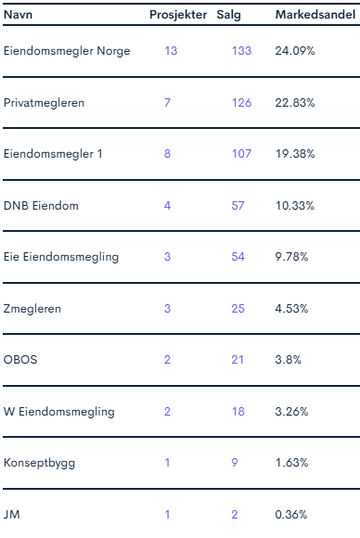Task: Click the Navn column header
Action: coord(18,15)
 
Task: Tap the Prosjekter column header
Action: coord(178,15)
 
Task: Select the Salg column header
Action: coord(228,16)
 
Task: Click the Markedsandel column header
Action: coord(315,15)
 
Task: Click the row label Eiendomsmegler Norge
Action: coord(67,51)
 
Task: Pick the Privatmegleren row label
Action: coord(44,103)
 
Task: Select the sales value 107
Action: coord(241,154)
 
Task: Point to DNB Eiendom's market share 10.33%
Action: coord(295,206)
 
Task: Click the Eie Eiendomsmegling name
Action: coord(61,257)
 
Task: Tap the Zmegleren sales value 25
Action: coord(238,309)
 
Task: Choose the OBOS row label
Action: coord(20,360)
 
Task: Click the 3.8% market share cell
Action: coord(289,360)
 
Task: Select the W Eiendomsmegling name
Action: coord(59,412)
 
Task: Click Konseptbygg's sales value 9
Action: coord(235,463)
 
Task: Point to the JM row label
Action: coord(12,514)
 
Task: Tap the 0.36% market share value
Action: coord(291,514)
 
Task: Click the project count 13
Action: coord(171,51)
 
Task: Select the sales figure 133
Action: coord(241,51)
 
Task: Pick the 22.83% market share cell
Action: coord(295,103)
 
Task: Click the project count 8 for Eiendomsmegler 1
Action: coord(167,154)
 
